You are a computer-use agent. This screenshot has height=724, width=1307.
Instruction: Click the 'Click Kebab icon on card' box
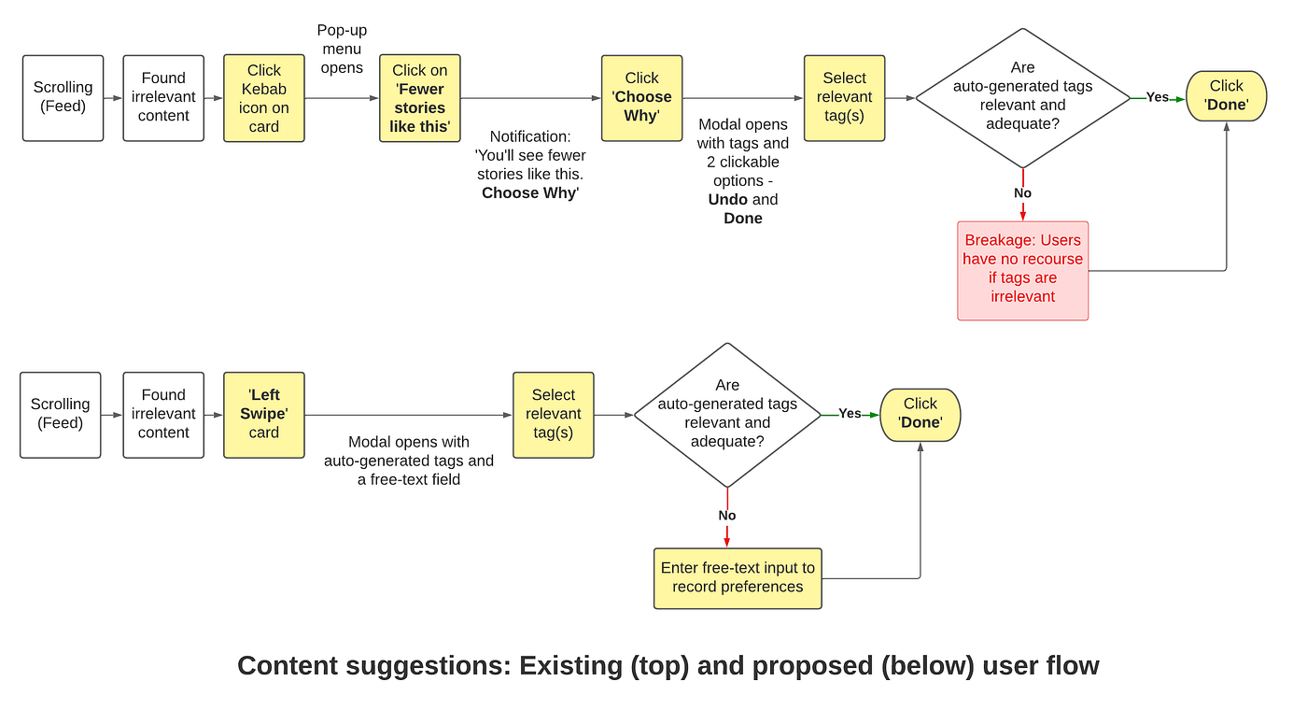coord(263,98)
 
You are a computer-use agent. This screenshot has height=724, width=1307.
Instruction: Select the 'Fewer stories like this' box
coord(419,98)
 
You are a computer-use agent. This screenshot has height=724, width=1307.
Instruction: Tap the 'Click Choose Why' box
coord(642,98)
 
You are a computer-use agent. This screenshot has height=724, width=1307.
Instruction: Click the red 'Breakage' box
coord(1023,270)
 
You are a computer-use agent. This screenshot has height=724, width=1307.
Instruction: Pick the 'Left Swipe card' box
coord(263,415)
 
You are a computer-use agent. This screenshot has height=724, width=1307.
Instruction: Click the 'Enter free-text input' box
coord(738,578)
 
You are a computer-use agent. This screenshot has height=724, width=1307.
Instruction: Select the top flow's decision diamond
coord(1023,98)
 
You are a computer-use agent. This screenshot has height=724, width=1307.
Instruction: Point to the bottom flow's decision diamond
coord(727,415)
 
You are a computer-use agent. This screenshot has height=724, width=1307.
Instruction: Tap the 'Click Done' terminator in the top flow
coord(1227,95)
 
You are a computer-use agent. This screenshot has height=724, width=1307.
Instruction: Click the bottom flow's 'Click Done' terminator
coord(921,415)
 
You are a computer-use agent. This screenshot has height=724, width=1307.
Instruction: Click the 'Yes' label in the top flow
coord(1157,97)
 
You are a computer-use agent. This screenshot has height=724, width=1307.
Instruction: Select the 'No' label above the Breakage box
coord(1022,193)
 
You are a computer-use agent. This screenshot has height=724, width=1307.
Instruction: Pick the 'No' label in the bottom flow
coord(727,516)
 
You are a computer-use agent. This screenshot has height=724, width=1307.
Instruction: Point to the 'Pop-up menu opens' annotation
coord(342,49)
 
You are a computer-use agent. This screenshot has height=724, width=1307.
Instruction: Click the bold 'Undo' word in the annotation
coord(727,200)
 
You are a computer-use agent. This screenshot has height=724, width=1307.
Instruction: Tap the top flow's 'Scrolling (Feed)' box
coord(63,98)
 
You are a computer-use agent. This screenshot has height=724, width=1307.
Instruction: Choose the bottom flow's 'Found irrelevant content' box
coord(163,415)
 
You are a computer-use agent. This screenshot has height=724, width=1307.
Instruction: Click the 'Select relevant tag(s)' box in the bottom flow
coord(553,415)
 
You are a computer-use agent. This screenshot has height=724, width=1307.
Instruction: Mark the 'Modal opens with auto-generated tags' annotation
coord(409,461)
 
